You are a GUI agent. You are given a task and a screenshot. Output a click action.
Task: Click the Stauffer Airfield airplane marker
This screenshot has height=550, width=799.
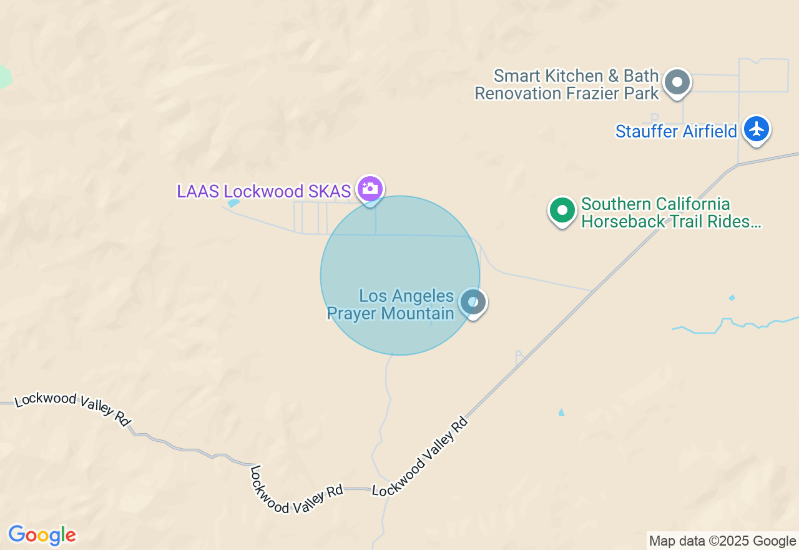[x=757, y=129]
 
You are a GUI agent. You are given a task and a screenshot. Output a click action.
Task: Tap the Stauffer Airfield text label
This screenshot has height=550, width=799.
[x=676, y=132]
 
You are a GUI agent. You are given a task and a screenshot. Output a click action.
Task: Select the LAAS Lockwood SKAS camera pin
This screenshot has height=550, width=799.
[x=370, y=188]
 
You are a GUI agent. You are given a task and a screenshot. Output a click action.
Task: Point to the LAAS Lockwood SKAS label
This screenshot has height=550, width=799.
[x=263, y=191]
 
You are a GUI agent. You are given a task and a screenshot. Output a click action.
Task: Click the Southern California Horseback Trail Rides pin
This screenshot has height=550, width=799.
[x=562, y=211]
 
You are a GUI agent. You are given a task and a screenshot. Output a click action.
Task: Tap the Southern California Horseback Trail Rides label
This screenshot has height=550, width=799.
[x=670, y=213]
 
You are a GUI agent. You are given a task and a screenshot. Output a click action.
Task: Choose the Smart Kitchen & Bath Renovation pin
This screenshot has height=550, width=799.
[x=677, y=82]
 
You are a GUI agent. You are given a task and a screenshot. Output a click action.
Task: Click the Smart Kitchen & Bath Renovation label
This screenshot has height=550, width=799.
[x=567, y=85]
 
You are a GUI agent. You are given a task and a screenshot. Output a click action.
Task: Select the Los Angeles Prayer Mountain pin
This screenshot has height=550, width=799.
[x=473, y=302]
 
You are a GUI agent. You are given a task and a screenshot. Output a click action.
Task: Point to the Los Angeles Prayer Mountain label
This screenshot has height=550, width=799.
[x=391, y=304]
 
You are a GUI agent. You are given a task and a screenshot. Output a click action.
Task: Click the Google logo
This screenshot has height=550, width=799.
[x=42, y=535]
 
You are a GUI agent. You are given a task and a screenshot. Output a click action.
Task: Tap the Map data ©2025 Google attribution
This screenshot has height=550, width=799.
[x=722, y=541]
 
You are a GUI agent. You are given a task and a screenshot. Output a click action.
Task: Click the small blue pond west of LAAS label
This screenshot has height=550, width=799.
[x=233, y=202]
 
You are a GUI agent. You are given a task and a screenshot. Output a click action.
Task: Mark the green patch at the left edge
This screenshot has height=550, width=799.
[x=4, y=76]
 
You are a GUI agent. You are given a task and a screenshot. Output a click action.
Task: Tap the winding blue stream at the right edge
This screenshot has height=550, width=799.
[x=737, y=325]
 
